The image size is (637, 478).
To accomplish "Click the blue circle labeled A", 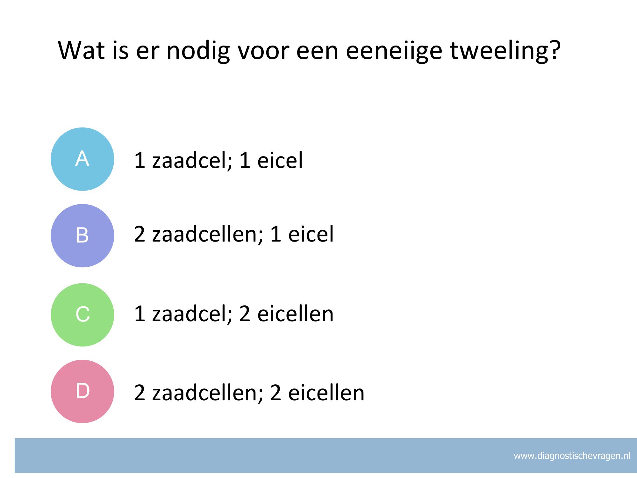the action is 82,159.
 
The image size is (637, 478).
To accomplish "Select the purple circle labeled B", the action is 82,235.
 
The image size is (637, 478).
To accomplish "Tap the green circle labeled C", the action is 82,315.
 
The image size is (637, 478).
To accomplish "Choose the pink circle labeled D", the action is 82,391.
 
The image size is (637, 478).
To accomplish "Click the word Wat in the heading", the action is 81,50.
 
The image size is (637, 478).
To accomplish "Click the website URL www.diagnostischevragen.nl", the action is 572,456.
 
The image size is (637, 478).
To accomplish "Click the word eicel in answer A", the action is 280,160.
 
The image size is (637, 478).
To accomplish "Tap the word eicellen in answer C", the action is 295,314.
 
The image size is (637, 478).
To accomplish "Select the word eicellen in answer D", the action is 326,393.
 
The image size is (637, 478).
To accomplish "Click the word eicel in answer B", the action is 311,234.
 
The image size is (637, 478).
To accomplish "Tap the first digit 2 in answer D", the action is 140,393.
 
